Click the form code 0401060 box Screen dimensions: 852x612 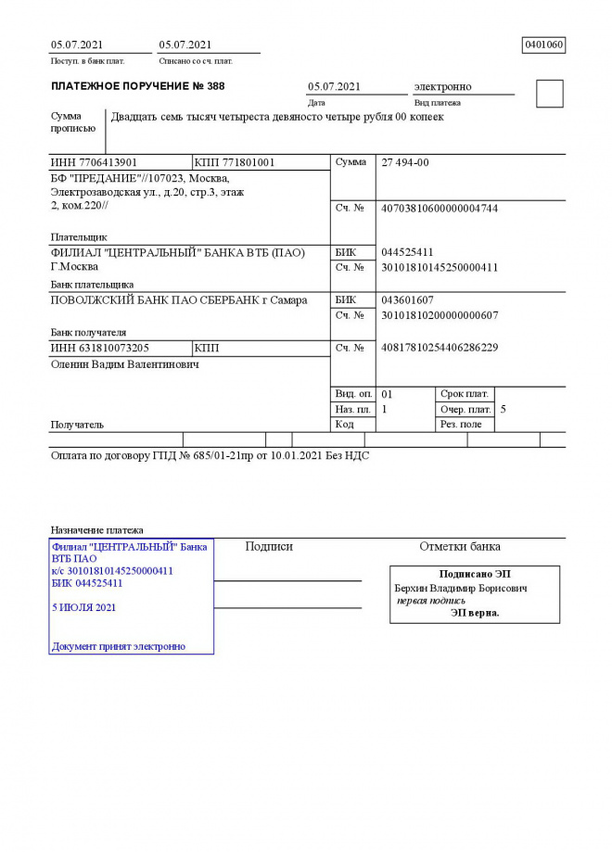click(543, 45)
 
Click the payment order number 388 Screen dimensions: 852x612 click(215, 86)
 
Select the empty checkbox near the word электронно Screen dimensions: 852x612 click(550, 94)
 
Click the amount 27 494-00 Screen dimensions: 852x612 click(405, 162)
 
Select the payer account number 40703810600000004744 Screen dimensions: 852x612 click(440, 209)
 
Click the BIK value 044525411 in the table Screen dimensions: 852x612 click(407, 252)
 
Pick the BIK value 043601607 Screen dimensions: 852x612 click(407, 300)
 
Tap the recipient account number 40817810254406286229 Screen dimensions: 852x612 click(440, 348)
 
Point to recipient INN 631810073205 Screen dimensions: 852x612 click(99, 348)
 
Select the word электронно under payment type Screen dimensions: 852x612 click(442, 86)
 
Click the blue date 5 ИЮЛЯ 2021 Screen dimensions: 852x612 click(84, 607)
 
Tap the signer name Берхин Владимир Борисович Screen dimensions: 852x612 click(461, 588)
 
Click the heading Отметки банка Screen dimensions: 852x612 click(460, 546)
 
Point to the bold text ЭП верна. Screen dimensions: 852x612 click(475, 613)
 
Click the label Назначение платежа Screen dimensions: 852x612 click(96, 529)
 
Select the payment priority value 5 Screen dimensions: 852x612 click(503, 409)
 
